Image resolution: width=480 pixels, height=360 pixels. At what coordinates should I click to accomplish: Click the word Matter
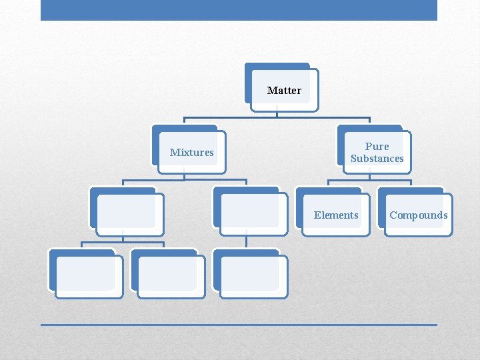coord(284,90)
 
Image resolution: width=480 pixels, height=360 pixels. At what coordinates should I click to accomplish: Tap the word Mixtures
coord(191,152)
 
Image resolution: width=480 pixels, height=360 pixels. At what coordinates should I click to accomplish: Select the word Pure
coord(377,146)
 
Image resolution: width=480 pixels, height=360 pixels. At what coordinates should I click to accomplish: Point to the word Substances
coord(377,159)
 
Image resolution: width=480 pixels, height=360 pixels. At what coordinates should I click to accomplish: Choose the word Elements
coord(336,215)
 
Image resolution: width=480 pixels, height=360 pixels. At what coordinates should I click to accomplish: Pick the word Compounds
coord(419,215)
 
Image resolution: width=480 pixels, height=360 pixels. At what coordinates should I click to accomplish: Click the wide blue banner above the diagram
coord(239,10)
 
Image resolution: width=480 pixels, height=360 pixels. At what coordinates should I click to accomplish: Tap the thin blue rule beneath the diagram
coord(239,325)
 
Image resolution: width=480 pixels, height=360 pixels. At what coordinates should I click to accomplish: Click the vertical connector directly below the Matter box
coord(277,114)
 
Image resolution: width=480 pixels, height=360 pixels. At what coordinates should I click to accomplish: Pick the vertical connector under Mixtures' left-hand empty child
coord(123,236)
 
